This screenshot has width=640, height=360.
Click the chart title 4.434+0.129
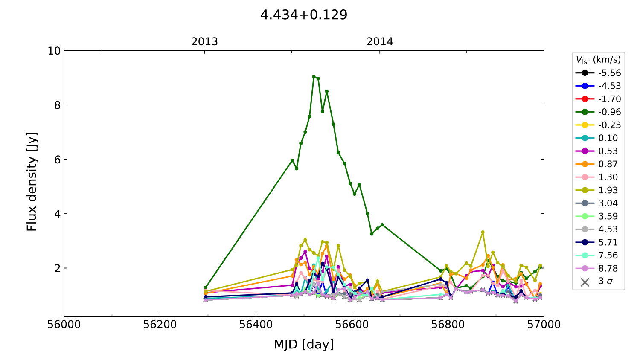click(x=304, y=15)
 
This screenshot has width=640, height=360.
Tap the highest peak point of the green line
click(x=314, y=77)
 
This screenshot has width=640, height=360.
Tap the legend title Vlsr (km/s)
click(x=598, y=60)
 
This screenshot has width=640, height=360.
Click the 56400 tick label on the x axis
click(x=256, y=325)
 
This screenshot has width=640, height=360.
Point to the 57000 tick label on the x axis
click(x=544, y=325)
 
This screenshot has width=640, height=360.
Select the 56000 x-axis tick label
click(x=64, y=325)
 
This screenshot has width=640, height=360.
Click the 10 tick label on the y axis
click(x=54, y=51)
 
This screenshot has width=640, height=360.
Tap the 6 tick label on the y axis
click(x=57, y=160)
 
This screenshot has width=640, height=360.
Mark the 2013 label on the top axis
click(x=204, y=42)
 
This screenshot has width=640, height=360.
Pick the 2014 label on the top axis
click(x=380, y=42)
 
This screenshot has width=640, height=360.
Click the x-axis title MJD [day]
click(x=304, y=344)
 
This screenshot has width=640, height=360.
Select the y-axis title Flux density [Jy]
click(x=32, y=182)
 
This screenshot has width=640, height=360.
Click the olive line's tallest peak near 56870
click(x=483, y=232)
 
